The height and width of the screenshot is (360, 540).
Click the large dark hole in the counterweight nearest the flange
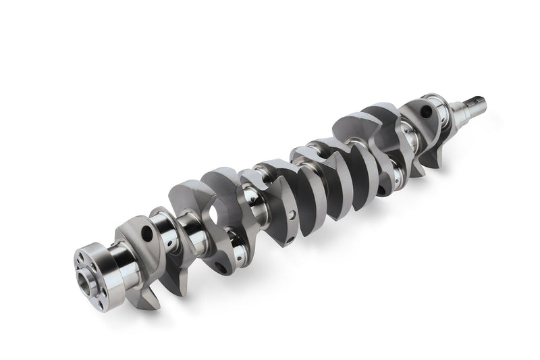(146, 234)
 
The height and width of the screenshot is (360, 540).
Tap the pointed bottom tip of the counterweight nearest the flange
(153, 306)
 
